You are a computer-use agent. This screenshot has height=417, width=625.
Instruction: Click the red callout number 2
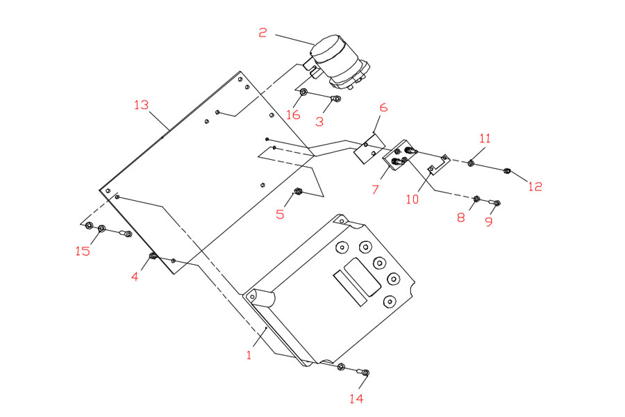click(x=263, y=32)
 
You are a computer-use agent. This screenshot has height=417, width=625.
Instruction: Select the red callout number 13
click(x=142, y=105)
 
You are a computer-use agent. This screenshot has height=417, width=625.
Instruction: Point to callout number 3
click(x=319, y=121)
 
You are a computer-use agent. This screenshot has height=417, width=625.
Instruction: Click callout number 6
click(x=383, y=108)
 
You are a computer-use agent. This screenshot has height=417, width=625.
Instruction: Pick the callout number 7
click(x=375, y=188)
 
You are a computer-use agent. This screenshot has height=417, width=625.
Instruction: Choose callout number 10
click(x=413, y=199)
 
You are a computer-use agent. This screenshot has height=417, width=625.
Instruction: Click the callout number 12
click(x=535, y=186)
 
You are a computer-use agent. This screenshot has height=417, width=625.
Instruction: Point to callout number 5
click(x=280, y=214)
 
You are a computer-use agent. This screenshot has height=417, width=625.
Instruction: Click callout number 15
click(x=83, y=251)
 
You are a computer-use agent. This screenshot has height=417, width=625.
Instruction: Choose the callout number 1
click(x=249, y=354)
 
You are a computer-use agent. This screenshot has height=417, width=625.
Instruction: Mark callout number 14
click(x=356, y=398)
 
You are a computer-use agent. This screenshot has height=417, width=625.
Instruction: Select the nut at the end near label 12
click(x=508, y=170)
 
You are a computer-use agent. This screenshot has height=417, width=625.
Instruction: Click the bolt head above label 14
click(x=366, y=373)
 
